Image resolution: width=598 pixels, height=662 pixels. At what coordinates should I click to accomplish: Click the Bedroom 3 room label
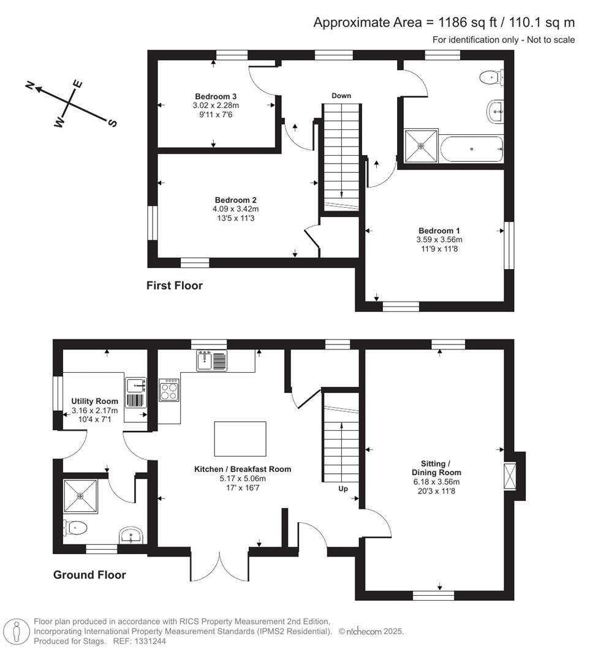pos(216,96)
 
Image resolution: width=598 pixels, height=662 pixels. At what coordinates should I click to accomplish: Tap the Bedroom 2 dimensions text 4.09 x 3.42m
pos(235,209)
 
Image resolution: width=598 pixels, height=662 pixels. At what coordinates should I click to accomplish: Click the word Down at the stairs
pos(341,96)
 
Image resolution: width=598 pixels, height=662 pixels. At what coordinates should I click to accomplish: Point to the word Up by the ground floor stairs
pos(343,489)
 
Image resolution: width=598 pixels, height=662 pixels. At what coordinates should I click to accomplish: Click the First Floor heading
pos(174,286)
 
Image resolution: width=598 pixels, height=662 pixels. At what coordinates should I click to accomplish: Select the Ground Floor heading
pos(89,575)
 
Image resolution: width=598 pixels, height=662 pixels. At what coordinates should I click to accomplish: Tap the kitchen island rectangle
pos(240,438)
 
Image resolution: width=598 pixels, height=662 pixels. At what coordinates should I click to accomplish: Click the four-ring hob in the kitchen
pos(168,390)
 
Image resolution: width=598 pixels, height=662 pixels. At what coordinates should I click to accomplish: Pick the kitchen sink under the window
pos(211,361)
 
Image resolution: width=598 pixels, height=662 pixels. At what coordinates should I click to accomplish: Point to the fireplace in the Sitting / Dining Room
pos(510,476)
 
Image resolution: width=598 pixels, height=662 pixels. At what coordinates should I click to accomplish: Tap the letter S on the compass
pos(112,123)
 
